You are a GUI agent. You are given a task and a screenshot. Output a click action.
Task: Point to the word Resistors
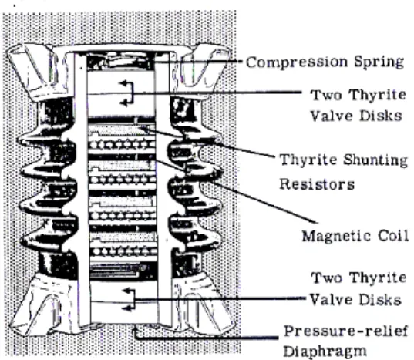pyautogui.click(x=317, y=184)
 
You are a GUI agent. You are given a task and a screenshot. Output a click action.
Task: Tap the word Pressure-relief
pyautogui.click(x=345, y=331)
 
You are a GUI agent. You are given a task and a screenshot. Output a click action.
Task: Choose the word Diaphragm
pyautogui.click(x=325, y=351)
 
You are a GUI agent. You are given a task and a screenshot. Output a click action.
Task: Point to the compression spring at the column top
pyautogui.click(x=120, y=62)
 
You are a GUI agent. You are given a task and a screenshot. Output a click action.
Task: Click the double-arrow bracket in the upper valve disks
pyautogui.click(x=130, y=93)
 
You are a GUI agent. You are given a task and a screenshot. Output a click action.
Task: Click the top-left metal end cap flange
pyautogui.click(x=37, y=72)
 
